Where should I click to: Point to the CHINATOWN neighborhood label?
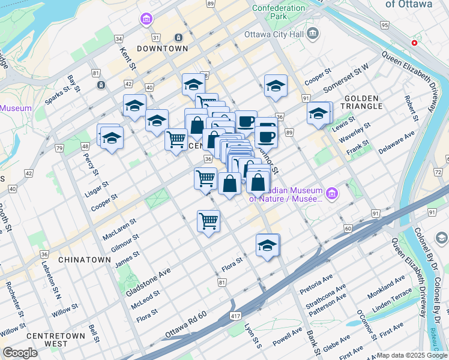tap(85, 260)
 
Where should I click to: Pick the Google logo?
tap(20, 353)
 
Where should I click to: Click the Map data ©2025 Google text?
tap(412, 355)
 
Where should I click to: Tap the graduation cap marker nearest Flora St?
tap(268, 245)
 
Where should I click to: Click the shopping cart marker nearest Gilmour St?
tap(208, 221)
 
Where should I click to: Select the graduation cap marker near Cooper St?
tap(276, 86)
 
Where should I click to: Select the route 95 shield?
tap(385, 25)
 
